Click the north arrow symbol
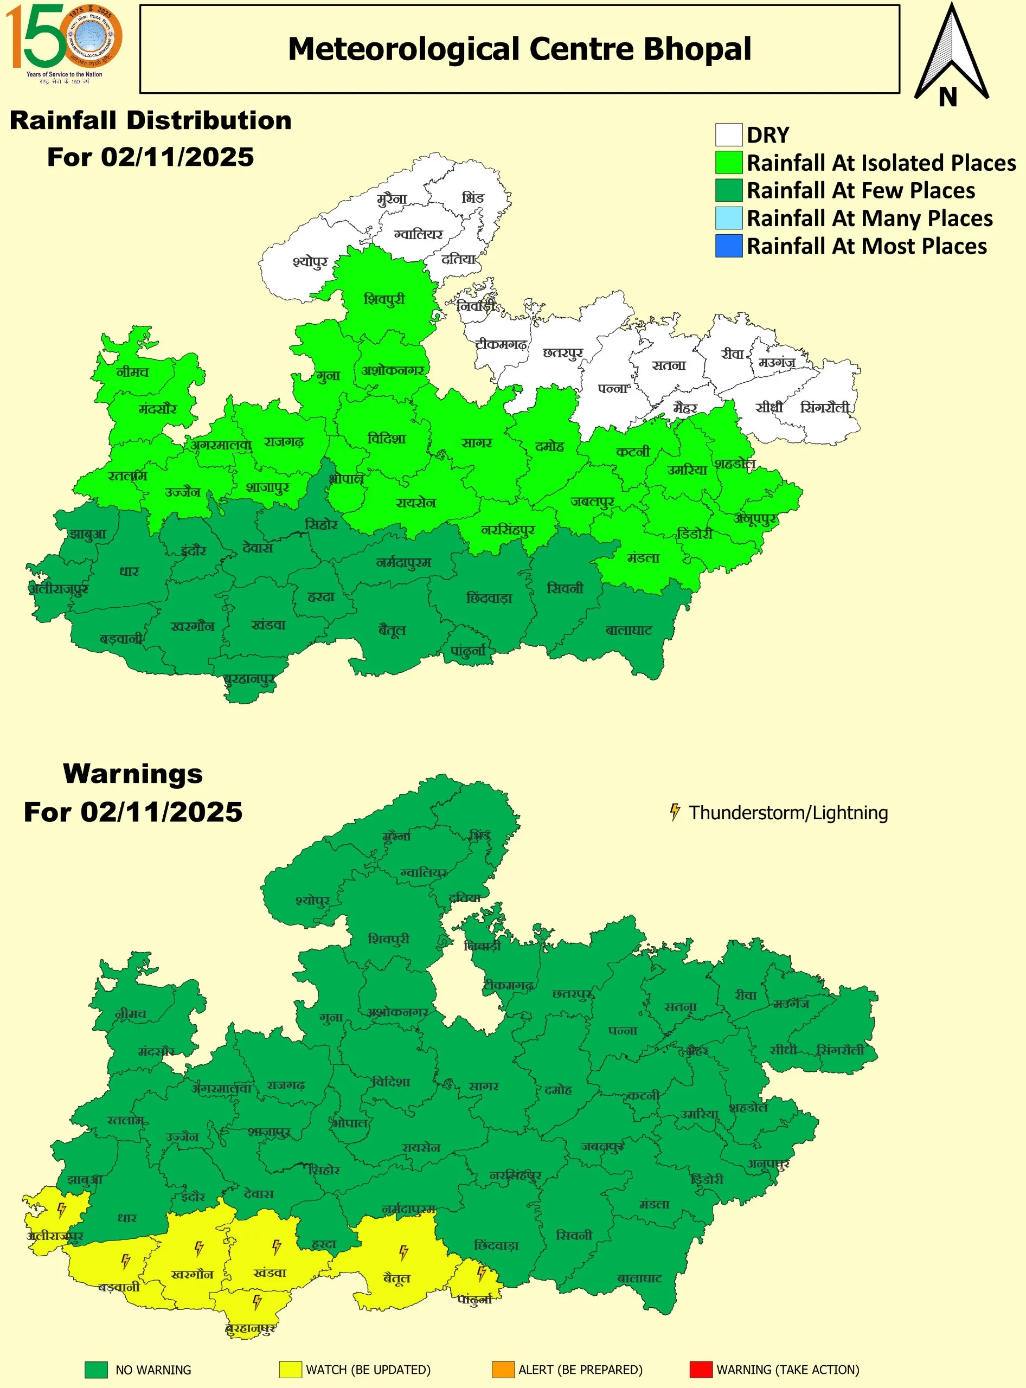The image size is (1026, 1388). (951, 56)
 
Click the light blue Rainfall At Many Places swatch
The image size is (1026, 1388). (728, 218)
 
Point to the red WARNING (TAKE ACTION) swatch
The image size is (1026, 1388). (701, 1370)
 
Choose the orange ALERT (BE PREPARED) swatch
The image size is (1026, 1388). (503, 1370)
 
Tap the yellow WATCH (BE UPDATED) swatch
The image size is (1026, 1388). (290, 1370)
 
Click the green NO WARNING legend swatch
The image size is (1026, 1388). (97, 1370)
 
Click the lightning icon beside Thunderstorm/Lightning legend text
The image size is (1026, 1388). (675, 812)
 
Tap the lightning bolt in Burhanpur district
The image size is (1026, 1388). (257, 1300)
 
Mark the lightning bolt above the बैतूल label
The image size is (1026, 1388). (403, 1252)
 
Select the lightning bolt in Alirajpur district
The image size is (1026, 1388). (61, 1209)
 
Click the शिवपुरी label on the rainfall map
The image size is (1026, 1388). (384, 299)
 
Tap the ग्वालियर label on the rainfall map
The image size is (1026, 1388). (418, 235)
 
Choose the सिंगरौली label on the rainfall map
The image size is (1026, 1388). (824, 407)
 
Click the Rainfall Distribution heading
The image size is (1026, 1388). (150, 120)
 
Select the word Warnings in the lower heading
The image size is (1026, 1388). (133, 774)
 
